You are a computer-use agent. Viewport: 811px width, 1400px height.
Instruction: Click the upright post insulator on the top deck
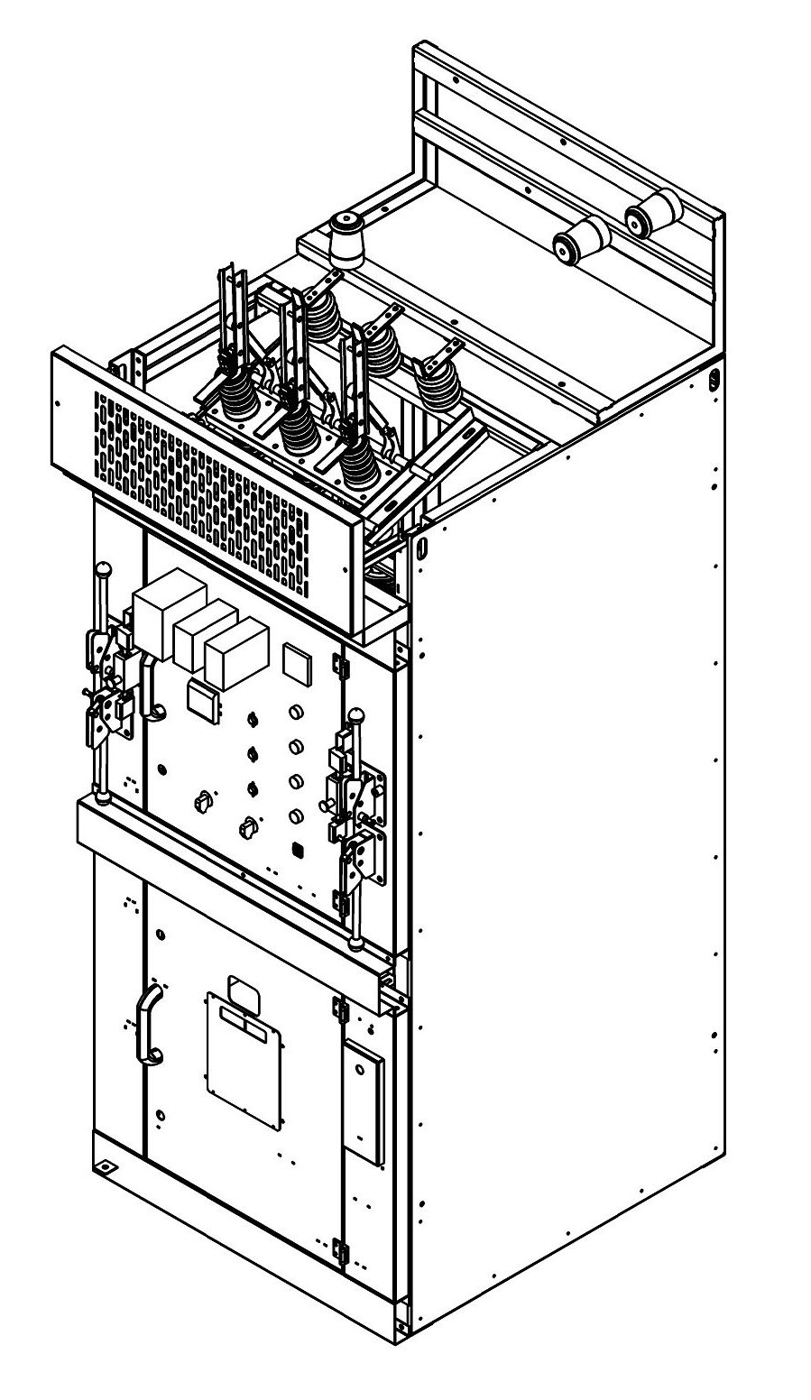click(345, 239)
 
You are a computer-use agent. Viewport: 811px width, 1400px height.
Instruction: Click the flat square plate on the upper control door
click(297, 662)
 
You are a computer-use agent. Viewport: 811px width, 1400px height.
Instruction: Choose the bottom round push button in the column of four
click(295, 817)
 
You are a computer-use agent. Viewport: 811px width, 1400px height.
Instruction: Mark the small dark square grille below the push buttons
click(298, 850)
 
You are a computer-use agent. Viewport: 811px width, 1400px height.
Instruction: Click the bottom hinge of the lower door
click(340, 1250)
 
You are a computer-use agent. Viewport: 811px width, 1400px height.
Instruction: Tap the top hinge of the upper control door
click(342, 666)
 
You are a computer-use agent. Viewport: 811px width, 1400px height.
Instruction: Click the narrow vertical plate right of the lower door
click(363, 1101)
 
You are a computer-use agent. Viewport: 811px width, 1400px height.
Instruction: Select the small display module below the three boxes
click(203, 699)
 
